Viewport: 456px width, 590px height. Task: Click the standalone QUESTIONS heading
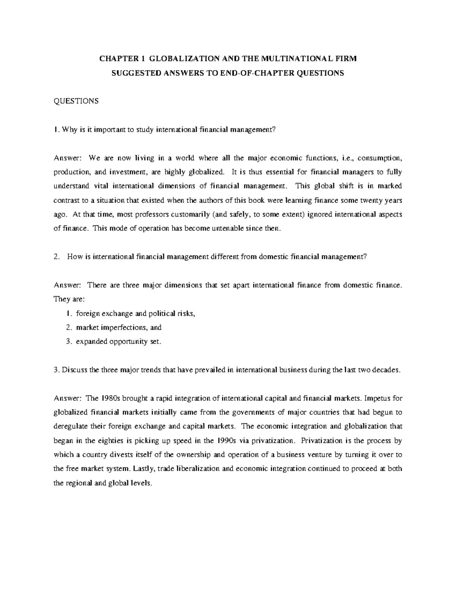[x=76, y=101]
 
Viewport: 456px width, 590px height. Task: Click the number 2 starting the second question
[x=56, y=257]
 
